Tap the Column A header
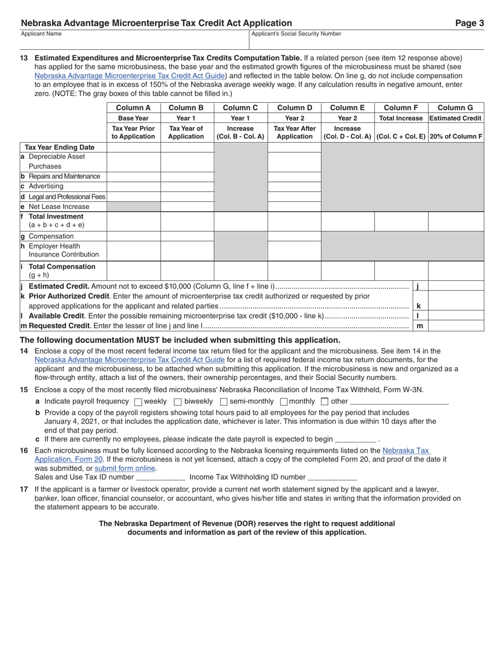pyautogui.click(x=133, y=108)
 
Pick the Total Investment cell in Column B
pyautogui.click(x=187, y=221)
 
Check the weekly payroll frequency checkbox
pyautogui.click(x=138, y=402)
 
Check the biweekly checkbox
pyautogui.click(x=178, y=402)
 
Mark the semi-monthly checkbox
pyautogui.click(x=224, y=402)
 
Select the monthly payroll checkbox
pyautogui.click(x=284, y=402)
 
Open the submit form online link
pyautogui.click(x=125, y=468)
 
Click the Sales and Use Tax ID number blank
pyautogui.click(x=161, y=477)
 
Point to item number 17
pyautogui.click(x=24, y=489)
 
